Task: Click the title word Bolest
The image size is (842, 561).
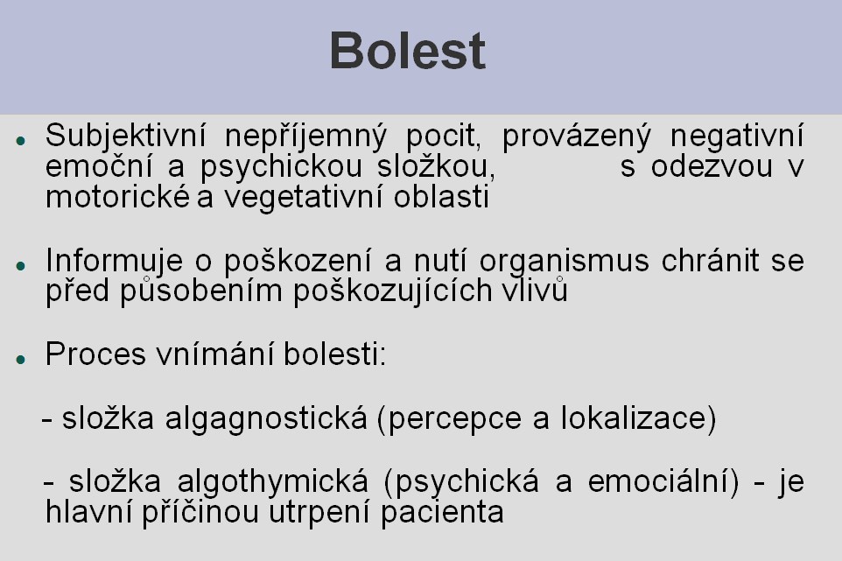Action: pyautogui.click(x=408, y=51)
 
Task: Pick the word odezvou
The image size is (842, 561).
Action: pyautogui.click(x=712, y=167)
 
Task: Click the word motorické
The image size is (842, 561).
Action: pyautogui.click(x=117, y=197)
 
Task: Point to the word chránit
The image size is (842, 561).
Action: pyautogui.click(x=711, y=260)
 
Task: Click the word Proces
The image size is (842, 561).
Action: pyautogui.click(x=95, y=354)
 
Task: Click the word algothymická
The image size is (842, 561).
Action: pyautogui.click(x=273, y=482)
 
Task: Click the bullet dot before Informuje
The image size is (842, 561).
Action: pyautogui.click(x=21, y=265)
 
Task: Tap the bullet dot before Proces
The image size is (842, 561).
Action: pyautogui.click(x=21, y=359)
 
